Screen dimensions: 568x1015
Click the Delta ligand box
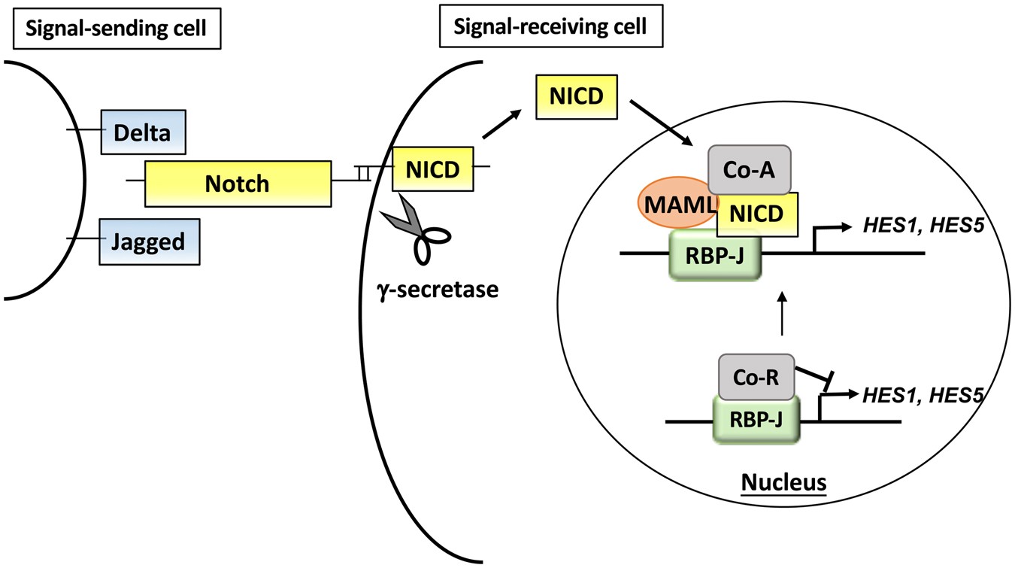(143, 132)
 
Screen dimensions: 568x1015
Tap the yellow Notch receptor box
(238, 183)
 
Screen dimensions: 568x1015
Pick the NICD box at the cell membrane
(433, 169)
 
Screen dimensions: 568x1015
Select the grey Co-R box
(756, 376)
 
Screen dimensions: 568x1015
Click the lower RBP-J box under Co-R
(756, 420)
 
